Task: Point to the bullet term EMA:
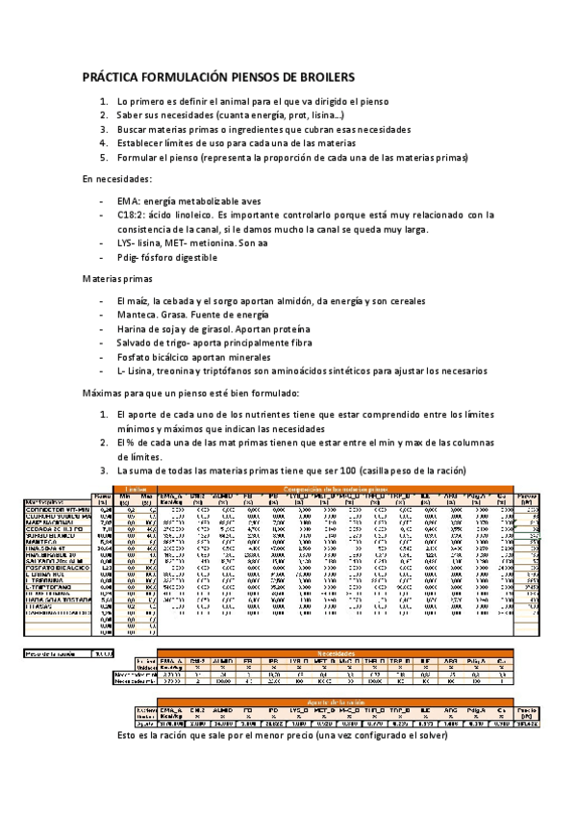click(130, 200)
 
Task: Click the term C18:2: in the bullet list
click(136, 215)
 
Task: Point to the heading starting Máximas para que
click(191, 393)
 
